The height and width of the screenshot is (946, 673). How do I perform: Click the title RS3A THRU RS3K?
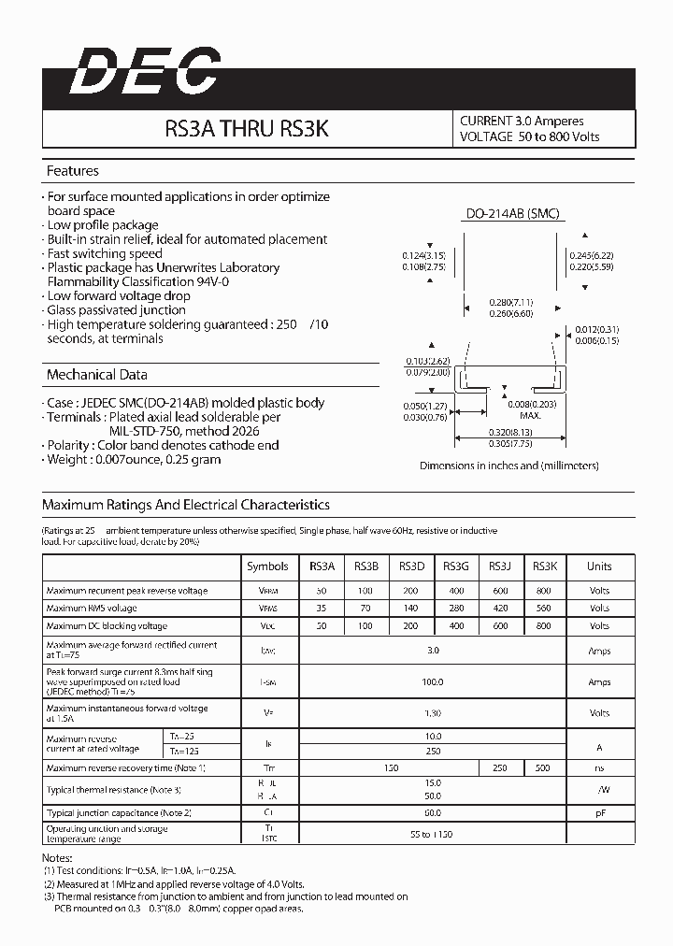pyautogui.click(x=247, y=129)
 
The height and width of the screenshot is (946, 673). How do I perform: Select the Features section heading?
pyautogui.click(x=72, y=171)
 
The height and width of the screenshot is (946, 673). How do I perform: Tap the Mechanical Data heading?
pyautogui.click(x=96, y=375)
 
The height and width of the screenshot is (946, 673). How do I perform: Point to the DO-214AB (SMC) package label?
pyautogui.click(x=513, y=214)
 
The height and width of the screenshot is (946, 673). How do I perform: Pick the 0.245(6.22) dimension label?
pyautogui.click(x=592, y=255)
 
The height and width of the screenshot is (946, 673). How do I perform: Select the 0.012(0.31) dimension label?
pyautogui.click(x=597, y=330)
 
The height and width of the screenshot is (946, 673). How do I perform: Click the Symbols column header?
pyautogui.click(x=267, y=566)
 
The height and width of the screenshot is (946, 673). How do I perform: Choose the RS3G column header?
pyautogui.click(x=455, y=566)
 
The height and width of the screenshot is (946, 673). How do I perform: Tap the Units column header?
pyautogui.click(x=599, y=566)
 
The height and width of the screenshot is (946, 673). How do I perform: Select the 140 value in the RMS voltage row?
pyautogui.click(x=409, y=609)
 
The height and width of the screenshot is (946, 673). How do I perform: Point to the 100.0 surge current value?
pyautogui.click(x=432, y=682)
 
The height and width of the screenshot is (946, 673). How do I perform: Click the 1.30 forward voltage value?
pyautogui.click(x=432, y=713)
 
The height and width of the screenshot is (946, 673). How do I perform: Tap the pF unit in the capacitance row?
pyautogui.click(x=599, y=814)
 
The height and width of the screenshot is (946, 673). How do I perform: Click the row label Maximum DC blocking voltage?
pyautogui.click(x=107, y=626)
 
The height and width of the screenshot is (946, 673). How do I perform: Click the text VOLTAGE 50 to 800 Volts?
pyautogui.click(x=529, y=137)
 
